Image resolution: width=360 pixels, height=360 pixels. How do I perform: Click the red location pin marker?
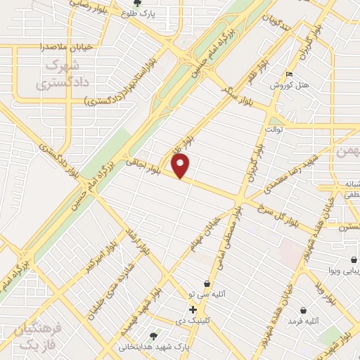181,166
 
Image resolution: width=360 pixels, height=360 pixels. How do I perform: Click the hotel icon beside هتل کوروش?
289,74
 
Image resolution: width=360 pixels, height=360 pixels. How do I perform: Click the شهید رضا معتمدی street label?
286,172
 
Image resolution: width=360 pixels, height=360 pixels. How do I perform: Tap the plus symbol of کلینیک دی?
193,309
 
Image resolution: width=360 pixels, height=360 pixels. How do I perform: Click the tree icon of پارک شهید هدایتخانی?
154,336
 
